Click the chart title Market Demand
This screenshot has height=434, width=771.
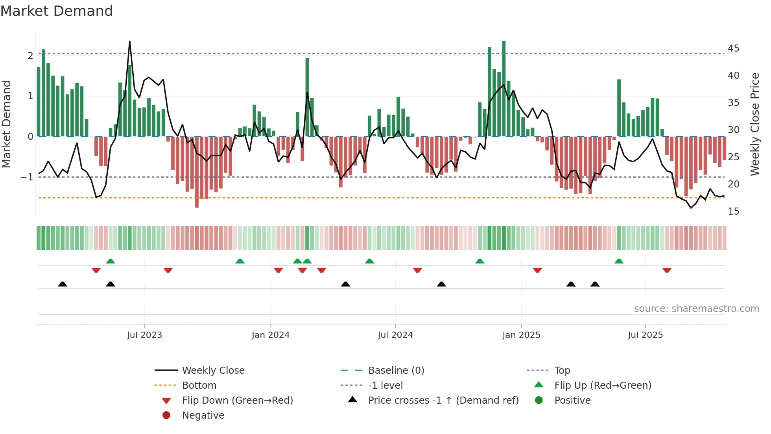pos(57,11)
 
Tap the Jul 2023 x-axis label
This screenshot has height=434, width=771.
pos(144,335)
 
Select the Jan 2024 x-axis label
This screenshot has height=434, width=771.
pos(271,335)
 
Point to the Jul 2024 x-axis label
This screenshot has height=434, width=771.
pos(395,335)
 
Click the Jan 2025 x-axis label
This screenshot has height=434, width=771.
pos(521,335)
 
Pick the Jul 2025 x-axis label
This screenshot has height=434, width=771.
pos(645,335)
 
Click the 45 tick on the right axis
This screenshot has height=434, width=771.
pos(733,48)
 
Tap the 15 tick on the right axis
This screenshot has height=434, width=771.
pos(733,211)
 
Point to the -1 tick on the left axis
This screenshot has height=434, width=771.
pos(27,177)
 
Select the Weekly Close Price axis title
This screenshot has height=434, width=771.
pos(754,124)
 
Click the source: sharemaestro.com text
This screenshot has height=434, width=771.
pos(696,309)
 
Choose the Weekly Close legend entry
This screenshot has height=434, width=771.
pos(213,371)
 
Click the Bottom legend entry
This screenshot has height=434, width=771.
pos(199,386)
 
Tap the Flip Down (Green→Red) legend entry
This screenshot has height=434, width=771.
pos(237,401)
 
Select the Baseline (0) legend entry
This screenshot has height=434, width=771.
pos(396,371)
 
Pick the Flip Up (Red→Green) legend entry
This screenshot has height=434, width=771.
pos(603,386)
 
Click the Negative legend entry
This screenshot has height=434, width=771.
pos(203,415)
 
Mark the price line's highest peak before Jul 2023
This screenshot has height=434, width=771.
pos(130,41)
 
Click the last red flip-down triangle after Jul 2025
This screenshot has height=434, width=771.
pos(667,271)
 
